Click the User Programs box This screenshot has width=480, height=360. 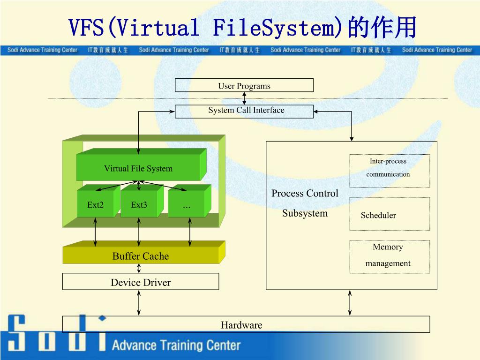[x=244, y=86]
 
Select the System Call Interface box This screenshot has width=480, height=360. [x=244, y=111]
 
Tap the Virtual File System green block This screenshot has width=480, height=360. [x=138, y=168]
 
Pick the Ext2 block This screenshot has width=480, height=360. [x=96, y=204]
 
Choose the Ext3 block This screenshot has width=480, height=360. [x=139, y=204]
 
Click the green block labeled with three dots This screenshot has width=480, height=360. [x=187, y=205]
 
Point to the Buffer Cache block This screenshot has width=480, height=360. [x=141, y=256]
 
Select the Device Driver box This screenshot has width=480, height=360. [x=141, y=282]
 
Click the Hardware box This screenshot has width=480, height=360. [x=246, y=324]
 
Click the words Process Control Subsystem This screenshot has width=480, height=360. [x=305, y=203]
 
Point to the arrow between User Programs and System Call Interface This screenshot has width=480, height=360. [x=244, y=98]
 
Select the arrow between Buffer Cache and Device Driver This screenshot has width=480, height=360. [x=139, y=268]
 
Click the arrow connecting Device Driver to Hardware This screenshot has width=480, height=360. [x=139, y=303]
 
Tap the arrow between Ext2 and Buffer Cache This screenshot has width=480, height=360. [x=96, y=232]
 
